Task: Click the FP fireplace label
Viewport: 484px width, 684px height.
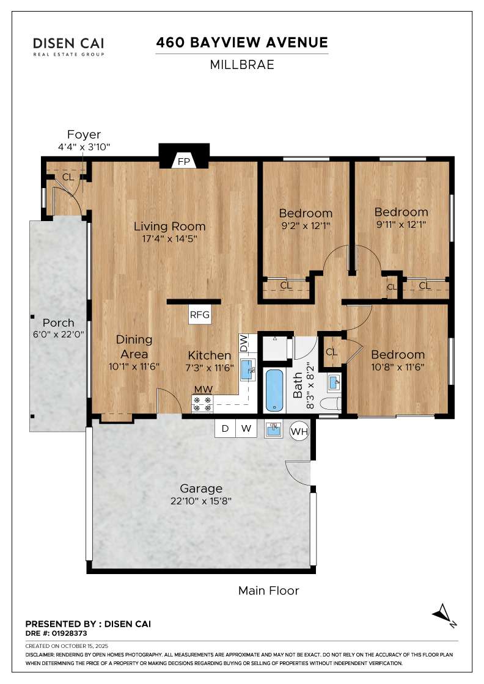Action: click(x=184, y=162)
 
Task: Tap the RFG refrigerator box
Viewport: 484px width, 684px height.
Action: click(x=200, y=315)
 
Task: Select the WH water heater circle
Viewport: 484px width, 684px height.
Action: click(x=299, y=432)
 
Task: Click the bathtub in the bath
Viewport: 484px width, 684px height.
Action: click(x=274, y=390)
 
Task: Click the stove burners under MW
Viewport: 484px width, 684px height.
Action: click(x=202, y=404)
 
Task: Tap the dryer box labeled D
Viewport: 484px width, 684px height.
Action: click(x=226, y=428)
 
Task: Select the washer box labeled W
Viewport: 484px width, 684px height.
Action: click(x=246, y=428)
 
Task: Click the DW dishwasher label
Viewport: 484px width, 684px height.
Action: click(x=244, y=343)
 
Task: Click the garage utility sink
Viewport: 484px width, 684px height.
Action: click(x=274, y=430)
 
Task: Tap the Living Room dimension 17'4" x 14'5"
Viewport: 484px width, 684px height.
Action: click(x=170, y=239)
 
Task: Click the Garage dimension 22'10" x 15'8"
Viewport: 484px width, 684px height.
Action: click(x=201, y=501)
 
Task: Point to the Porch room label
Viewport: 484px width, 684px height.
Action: click(x=59, y=323)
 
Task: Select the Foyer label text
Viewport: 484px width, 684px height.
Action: click(x=84, y=134)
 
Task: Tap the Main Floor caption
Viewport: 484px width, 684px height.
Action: click(x=268, y=591)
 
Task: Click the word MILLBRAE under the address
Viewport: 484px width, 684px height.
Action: click(x=242, y=65)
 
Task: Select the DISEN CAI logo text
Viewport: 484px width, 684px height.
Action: click(x=69, y=43)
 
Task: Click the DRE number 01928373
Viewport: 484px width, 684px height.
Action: click(x=70, y=633)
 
